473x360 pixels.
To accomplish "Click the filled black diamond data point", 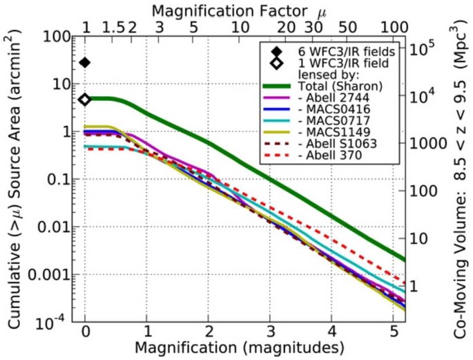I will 85,63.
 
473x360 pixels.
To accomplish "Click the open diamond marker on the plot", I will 85,100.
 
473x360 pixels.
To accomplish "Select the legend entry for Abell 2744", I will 325,101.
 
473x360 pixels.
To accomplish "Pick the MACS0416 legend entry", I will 326,113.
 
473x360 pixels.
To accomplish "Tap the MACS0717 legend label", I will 326,126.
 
